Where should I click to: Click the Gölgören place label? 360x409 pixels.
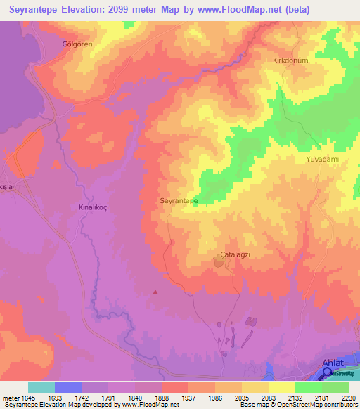tap(77, 44)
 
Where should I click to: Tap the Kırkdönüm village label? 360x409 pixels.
tap(290, 60)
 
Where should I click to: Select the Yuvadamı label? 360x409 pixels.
tap(323, 160)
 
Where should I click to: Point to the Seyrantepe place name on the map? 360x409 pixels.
tap(179, 200)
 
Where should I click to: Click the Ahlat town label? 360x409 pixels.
tap(333, 363)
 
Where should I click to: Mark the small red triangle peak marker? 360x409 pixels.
tap(155, 292)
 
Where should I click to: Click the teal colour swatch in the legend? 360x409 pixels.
tap(41, 387)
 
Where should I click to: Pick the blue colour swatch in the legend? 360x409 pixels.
tap(68, 387)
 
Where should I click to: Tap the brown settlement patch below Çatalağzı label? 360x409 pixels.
tap(219, 263)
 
